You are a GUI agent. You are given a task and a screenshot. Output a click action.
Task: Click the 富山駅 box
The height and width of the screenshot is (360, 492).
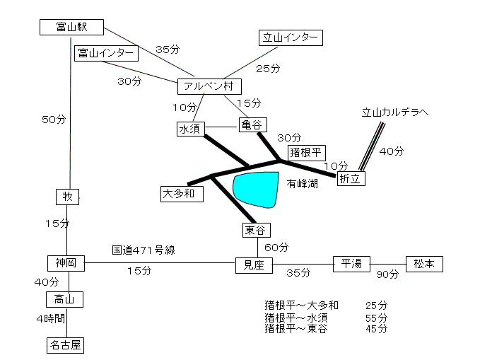click(71, 27)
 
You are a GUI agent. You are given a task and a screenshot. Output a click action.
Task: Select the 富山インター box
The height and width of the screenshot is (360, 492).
click(106, 53)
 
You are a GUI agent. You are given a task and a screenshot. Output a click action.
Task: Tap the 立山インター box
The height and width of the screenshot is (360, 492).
click(291, 37)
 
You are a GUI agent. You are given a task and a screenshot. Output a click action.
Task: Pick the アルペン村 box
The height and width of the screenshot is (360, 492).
click(210, 86)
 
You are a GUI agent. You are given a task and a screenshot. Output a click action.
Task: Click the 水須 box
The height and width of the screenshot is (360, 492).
click(191, 129)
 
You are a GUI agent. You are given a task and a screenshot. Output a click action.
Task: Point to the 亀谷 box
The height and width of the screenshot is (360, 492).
click(253, 125)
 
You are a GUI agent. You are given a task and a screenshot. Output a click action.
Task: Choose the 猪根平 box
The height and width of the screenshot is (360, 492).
click(307, 153)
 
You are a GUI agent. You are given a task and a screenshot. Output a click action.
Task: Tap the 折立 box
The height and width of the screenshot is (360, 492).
click(351, 179)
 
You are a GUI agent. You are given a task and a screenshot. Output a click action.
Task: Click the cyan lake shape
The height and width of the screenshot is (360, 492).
click(256, 190)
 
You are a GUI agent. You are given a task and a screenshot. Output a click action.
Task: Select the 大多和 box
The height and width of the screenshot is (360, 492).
click(182, 194)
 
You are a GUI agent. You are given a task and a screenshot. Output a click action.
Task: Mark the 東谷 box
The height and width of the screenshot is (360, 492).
click(257, 231)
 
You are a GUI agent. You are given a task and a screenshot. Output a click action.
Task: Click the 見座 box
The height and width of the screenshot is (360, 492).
click(254, 265)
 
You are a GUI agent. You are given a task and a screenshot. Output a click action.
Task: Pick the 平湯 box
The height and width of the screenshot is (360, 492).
click(351, 264)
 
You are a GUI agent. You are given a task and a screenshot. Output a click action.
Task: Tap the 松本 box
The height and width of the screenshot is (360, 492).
click(425, 264)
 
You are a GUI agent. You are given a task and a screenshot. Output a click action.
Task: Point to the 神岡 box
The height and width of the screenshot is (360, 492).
click(66, 263)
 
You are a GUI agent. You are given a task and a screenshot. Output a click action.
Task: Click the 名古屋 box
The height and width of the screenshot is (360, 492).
click(65, 346)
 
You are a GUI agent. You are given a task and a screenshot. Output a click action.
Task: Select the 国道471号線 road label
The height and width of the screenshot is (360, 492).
click(143, 250)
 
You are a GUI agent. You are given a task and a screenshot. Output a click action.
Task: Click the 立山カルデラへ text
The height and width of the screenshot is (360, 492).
click(395, 112)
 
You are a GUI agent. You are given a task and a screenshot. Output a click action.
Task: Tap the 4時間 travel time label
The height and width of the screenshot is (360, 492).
click(50, 319)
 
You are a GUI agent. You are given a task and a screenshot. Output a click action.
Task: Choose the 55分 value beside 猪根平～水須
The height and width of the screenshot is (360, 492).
click(377, 318)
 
